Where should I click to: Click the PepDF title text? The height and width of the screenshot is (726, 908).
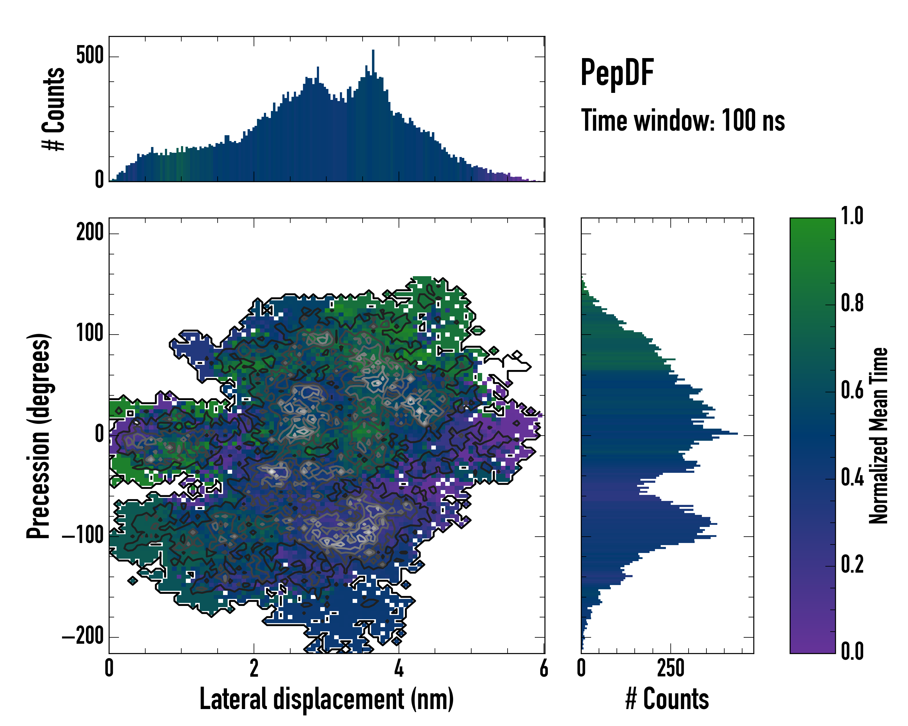pos(617,73)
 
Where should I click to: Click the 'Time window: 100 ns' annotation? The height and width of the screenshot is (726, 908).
pos(683,120)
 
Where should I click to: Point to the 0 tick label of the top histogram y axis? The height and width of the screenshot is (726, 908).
pos(99,180)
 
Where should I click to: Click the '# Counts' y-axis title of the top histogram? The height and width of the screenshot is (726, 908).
pos(54,109)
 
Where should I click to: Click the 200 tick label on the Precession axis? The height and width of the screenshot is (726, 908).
pos(90,232)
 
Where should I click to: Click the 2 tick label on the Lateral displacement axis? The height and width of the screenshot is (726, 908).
pos(254,668)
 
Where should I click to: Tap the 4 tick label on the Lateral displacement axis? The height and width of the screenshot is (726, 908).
pos(399,668)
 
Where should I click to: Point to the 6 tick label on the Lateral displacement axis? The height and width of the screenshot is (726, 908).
pos(544,668)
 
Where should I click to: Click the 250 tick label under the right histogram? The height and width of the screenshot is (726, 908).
pos(670,668)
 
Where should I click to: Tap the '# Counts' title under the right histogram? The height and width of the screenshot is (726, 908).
pos(667,699)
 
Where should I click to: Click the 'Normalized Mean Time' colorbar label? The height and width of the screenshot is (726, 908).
pos(879,436)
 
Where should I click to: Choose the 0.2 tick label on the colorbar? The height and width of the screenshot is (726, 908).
pos(852,564)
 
